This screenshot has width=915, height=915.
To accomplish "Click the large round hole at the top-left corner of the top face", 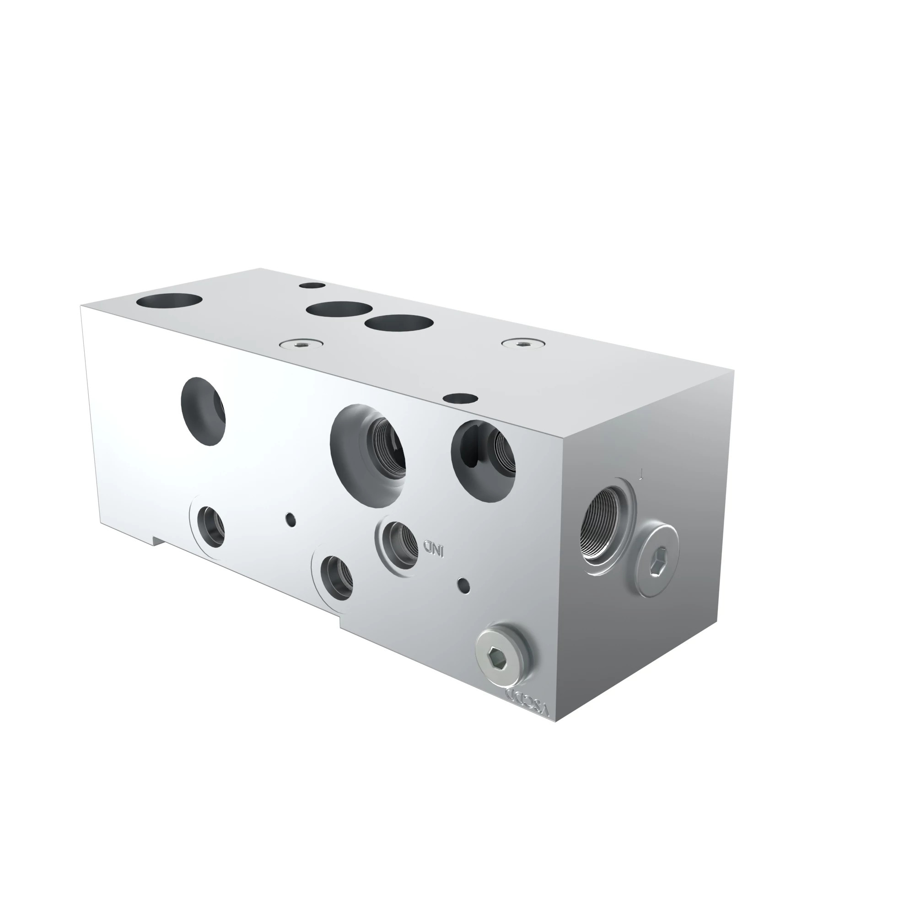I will click(x=169, y=300).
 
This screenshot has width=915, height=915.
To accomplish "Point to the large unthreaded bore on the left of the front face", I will click(x=203, y=411).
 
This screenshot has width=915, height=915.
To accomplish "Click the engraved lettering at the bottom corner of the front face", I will click(x=527, y=705).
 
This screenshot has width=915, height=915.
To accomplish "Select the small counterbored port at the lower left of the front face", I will click(x=210, y=527).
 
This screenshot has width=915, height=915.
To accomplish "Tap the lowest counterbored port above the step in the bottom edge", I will click(x=336, y=577).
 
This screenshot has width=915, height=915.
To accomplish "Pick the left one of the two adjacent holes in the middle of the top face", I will click(x=339, y=309).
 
